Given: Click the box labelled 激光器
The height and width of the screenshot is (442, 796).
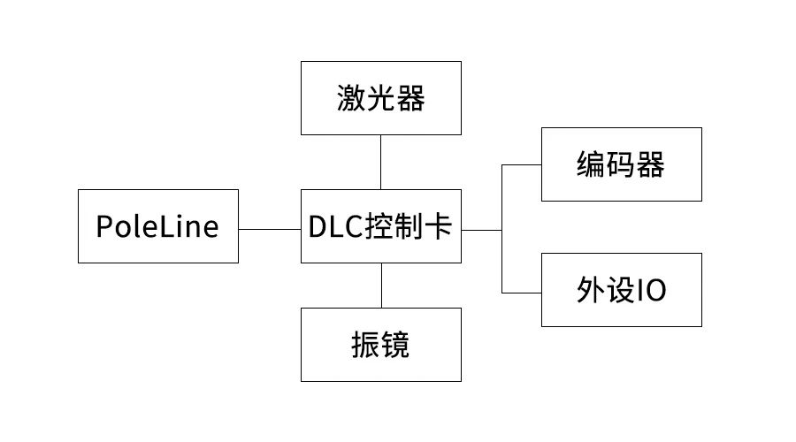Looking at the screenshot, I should click(x=380, y=99).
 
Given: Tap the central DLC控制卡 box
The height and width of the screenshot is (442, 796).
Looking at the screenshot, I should click(x=380, y=226).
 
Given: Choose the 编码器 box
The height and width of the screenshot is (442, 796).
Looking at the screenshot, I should click(x=621, y=164).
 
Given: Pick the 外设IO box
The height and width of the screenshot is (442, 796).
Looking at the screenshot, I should click(x=621, y=290).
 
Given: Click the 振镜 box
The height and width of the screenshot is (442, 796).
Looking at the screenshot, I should click(x=380, y=345).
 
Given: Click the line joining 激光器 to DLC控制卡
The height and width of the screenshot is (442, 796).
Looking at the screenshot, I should click(x=381, y=162).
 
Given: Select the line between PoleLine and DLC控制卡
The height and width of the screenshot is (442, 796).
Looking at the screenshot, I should click(x=270, y=229).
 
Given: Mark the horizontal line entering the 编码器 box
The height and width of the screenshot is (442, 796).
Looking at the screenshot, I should click(x=522, y=164).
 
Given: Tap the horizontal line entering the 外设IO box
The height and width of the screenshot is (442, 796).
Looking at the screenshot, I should click(x=522, y=292).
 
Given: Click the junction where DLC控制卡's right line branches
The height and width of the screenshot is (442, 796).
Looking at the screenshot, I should click(x=502, y=230).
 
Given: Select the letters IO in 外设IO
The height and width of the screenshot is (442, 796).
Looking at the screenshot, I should click(x=652, y=291).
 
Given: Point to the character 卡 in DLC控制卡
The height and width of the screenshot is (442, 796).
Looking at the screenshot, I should click(x=440, y=227).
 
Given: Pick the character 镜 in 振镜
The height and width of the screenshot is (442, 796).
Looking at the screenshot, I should click(x=396, y=346).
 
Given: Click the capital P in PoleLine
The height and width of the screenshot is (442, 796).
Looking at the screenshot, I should click(x=104, y=227).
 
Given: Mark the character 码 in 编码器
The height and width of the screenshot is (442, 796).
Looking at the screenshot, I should click(x=621, y=165).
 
